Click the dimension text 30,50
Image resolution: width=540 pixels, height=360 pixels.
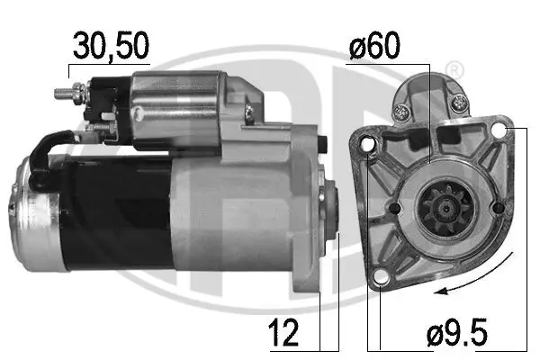coord(110,46)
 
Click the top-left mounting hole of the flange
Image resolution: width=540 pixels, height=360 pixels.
coord(366,145)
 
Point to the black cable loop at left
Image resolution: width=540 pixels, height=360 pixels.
coord(43,158)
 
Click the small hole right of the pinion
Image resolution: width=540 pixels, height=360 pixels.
coord(498,209)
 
